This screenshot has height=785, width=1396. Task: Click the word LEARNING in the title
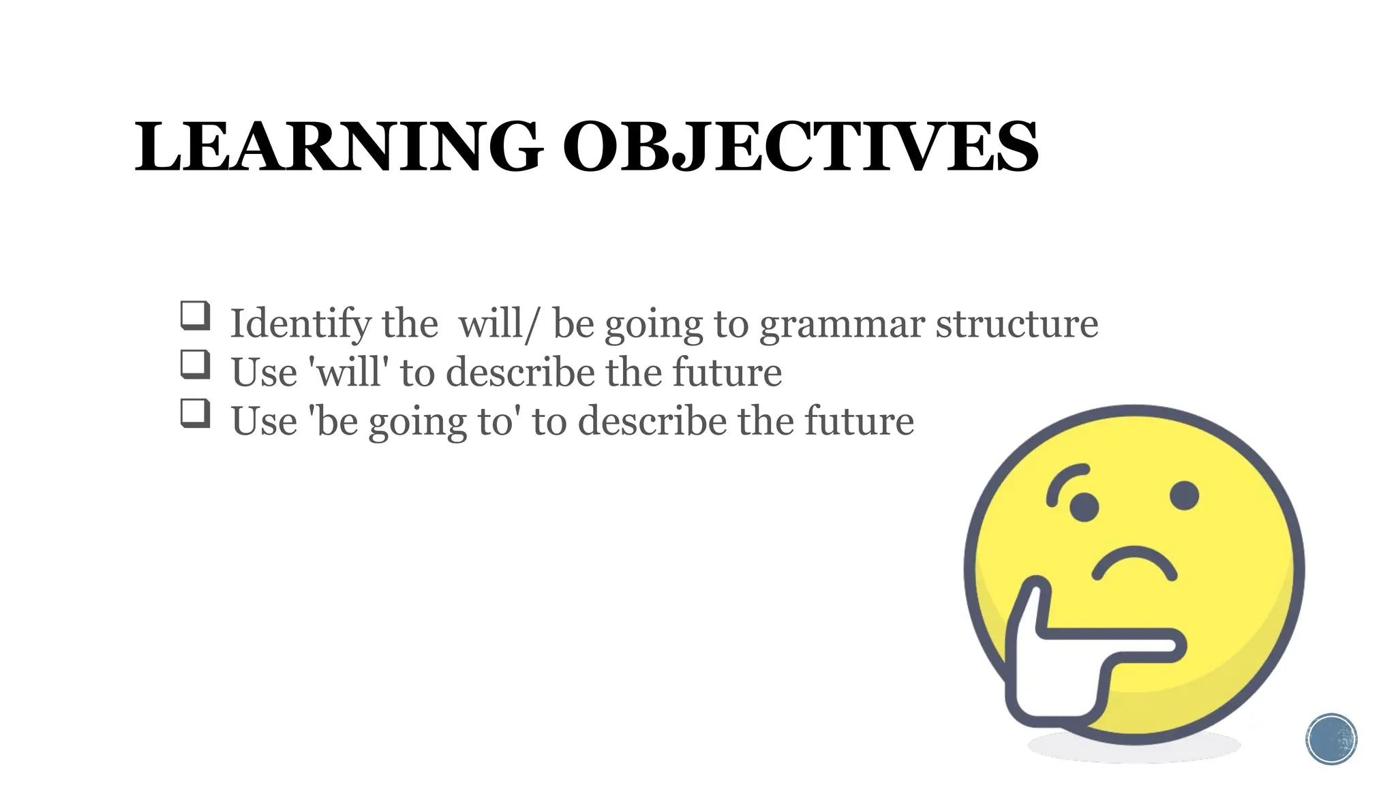[339, 148]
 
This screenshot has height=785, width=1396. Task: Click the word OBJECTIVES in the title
[801, 148]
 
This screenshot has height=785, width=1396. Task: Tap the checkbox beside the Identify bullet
[195, 315]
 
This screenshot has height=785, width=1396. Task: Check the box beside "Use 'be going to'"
[195, 413]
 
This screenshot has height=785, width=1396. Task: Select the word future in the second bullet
[727, 372]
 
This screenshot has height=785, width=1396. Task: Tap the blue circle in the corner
[1331, 739]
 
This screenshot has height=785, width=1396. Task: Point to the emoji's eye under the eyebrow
[1084, 507]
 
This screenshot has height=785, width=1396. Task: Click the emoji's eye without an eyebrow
[1184, 495]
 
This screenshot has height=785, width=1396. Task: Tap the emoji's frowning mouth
[1134, 564]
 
